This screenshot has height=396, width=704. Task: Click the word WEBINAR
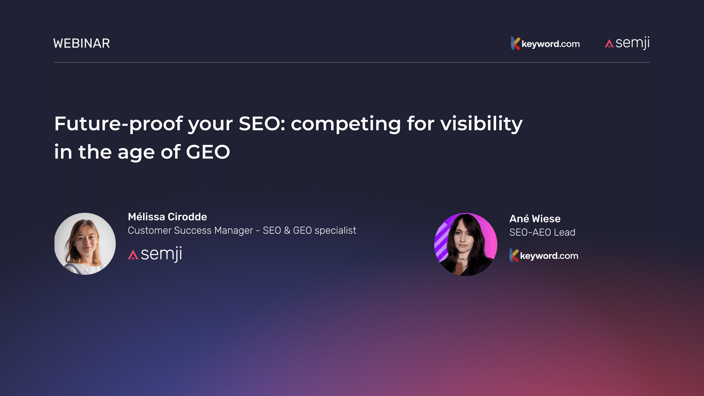click(81, 43)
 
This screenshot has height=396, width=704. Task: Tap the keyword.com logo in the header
click(545, 44)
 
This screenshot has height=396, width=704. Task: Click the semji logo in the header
click(627, 43)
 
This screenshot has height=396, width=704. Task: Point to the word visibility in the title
click(481, 124)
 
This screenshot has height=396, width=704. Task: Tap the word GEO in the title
click(208, 152)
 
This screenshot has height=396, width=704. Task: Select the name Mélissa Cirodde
click(167, 217)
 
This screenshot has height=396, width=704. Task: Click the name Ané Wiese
click(535, 219)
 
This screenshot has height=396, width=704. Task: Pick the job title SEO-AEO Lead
click(542, 232)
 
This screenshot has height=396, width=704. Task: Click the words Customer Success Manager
click(190, 230)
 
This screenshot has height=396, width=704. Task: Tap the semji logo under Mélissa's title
click(155, 254)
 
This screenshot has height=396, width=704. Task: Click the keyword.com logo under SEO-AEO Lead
click(544, 256)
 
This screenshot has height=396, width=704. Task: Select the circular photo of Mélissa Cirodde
click(85, 244)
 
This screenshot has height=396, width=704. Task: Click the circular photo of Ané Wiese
click(465, 244)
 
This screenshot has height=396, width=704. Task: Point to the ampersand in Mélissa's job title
click(287, 230)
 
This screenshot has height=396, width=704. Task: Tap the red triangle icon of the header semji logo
click(609, 44)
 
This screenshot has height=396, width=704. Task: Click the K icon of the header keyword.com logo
click(515, 43)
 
